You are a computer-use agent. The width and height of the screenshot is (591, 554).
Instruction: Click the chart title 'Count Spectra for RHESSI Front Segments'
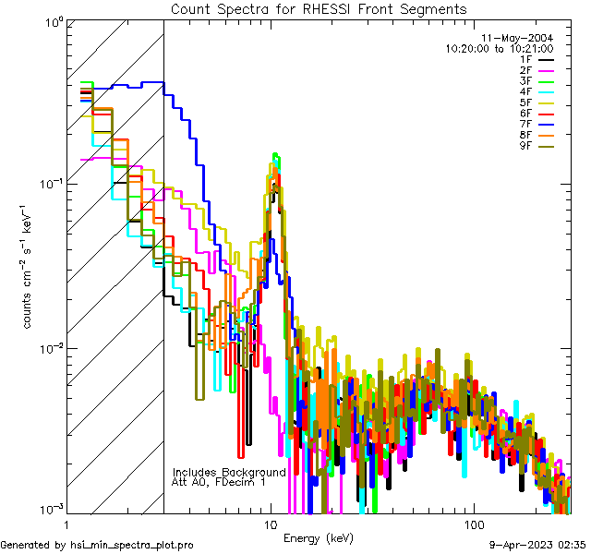click(x=319, y=8)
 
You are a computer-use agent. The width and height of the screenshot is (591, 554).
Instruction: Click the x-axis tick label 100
click(x=473, y=525)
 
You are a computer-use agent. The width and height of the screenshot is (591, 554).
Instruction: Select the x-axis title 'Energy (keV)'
click(x=319, y=537)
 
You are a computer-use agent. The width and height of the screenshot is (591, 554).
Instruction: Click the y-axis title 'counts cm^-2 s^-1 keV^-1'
click(x=28, y=268)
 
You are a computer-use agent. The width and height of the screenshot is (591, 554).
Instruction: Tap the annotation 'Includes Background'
click(x=229, y=472)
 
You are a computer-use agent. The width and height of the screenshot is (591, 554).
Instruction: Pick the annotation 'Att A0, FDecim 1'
click(x=219, y=482)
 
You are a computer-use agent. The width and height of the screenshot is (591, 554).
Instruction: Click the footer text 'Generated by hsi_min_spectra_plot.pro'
click(x=98, y=546)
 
